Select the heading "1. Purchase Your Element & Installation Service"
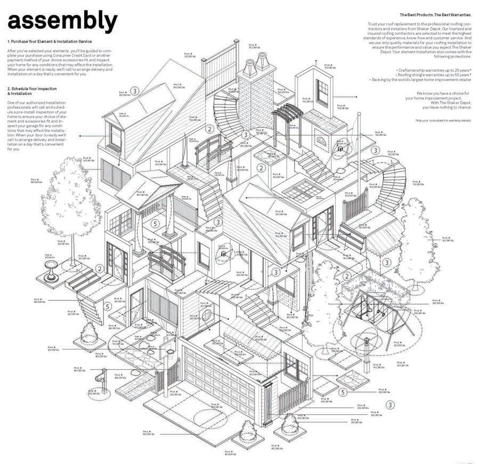pos(50,41)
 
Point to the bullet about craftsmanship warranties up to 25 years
pos(435,70)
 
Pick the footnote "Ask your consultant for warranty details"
pos(443,120)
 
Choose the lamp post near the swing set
pos(367,346)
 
